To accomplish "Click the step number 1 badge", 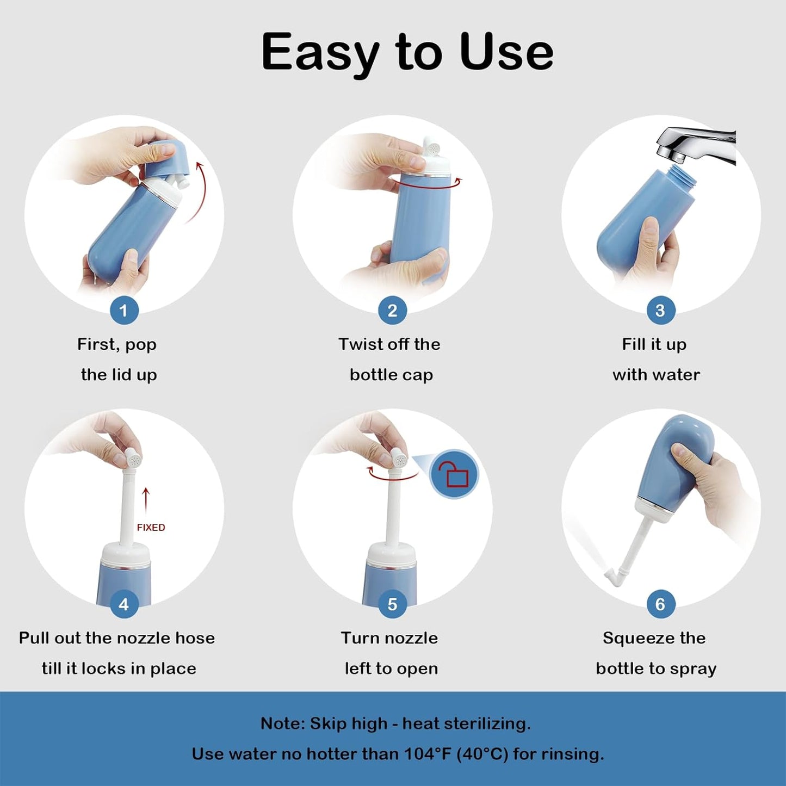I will pos(123,311).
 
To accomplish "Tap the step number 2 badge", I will pos(392,311).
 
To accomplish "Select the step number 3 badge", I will pos(660,311).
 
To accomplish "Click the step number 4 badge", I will pos(123,604).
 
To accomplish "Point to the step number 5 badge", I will pos(392,604).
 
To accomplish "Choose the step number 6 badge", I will pos(660,604).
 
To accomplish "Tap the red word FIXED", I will pos(151,528).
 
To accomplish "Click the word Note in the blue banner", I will pos(281,723).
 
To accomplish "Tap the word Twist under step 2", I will pos(360,344).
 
